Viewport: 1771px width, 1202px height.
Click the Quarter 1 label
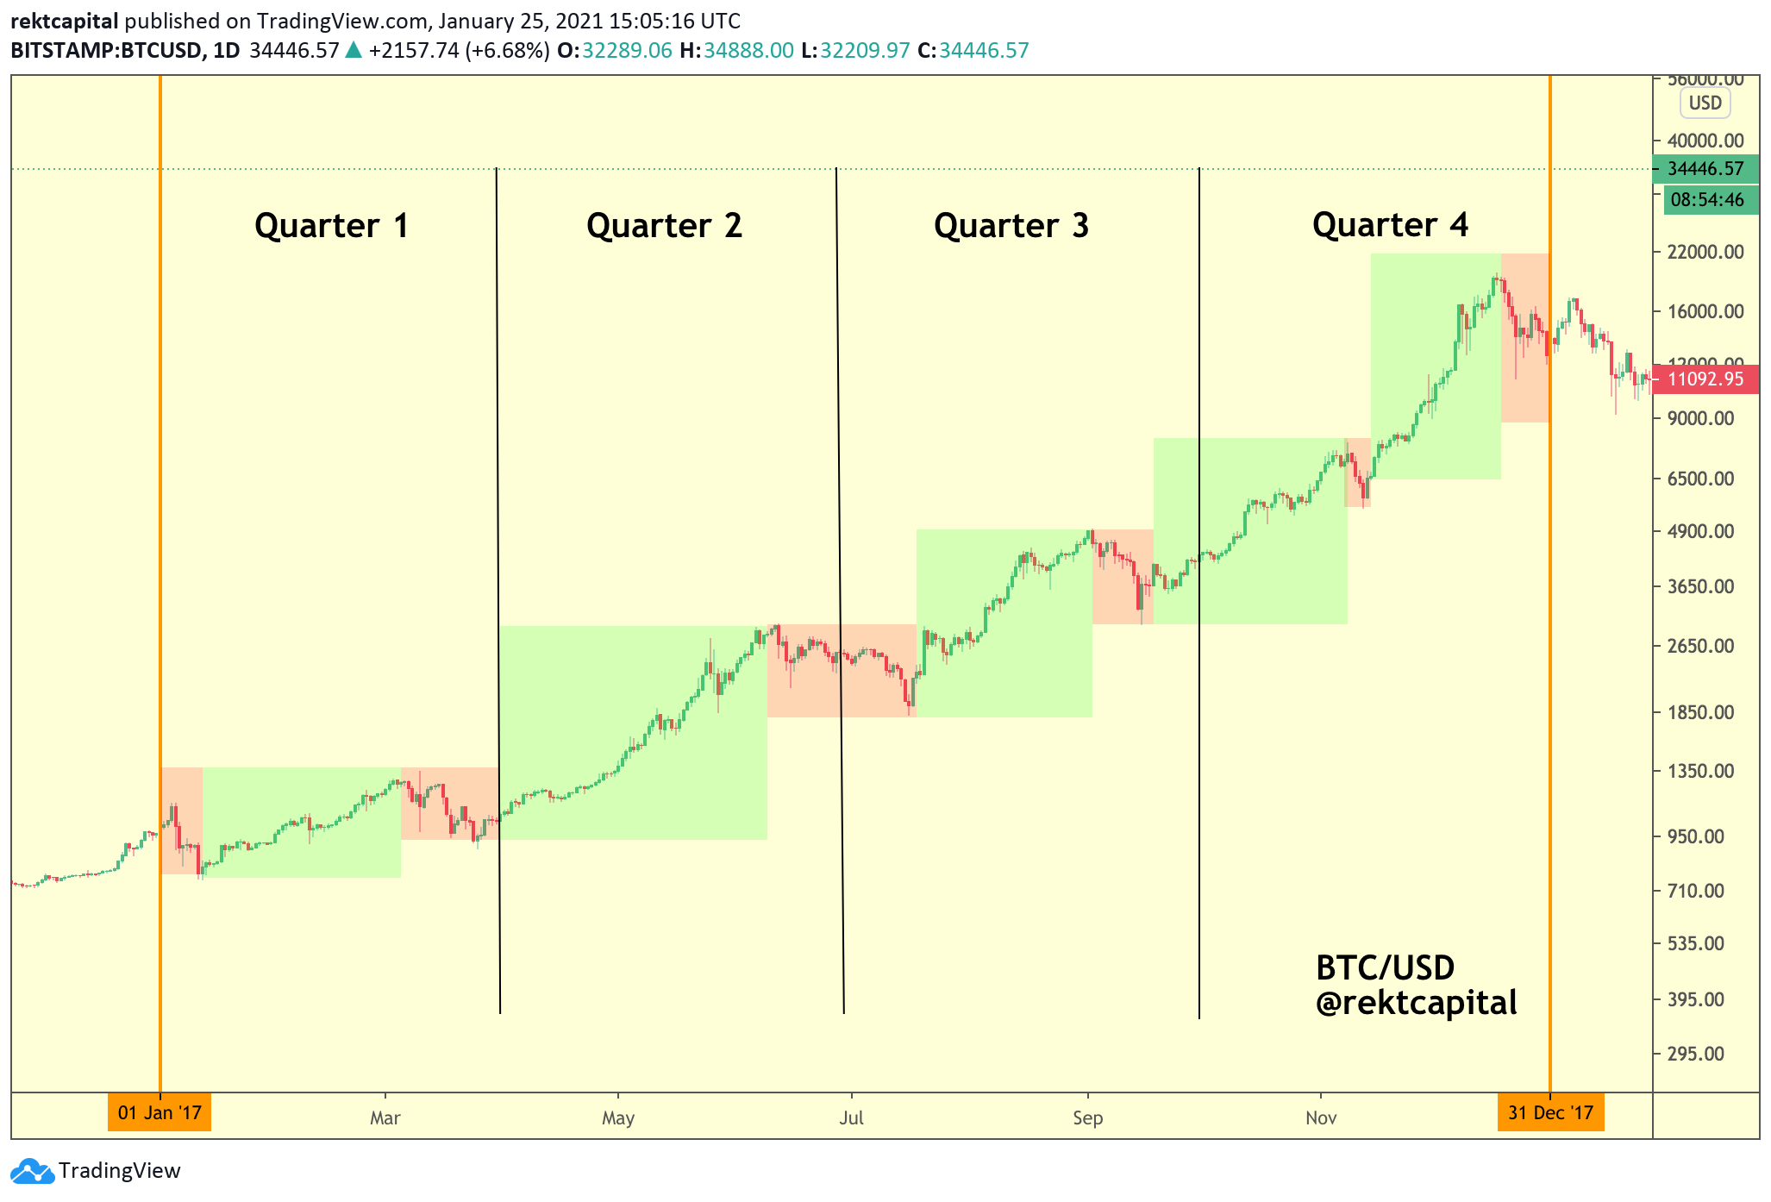click(x=331, y=226)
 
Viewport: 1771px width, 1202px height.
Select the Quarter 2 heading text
click(x=664, y=226)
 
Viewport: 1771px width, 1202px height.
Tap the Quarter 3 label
click(x=1011, y=226)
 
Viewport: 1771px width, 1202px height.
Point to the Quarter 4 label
click(x=1390, y=225)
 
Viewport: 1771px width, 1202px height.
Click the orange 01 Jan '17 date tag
click(x=160, y=1112)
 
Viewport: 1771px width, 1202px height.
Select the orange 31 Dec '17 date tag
click(x=1550, y=1112)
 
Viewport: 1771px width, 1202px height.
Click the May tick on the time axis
click(x=618, y=1118)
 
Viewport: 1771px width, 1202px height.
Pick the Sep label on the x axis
click(x=1087, y=1118)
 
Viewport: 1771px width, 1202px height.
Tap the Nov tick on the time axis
click(x=1321, y=1118)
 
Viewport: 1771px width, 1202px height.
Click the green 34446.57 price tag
click(x=1705, y=169)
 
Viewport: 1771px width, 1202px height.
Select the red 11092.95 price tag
click(x=1705, y=379)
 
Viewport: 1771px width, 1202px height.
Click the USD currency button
click(x=1705, y=103)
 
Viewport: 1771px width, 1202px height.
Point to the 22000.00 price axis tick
click(x=1705, y=252)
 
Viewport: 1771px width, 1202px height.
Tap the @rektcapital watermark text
click(x=1416, y=1003)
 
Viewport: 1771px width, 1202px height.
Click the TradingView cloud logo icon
click(x=32, y=1171)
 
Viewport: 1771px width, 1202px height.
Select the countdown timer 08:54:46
click(x=1707, y=200)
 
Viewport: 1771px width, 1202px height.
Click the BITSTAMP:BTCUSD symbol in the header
click(x=107, y=50)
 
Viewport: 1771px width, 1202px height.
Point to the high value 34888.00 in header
click(x=748, y=50)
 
